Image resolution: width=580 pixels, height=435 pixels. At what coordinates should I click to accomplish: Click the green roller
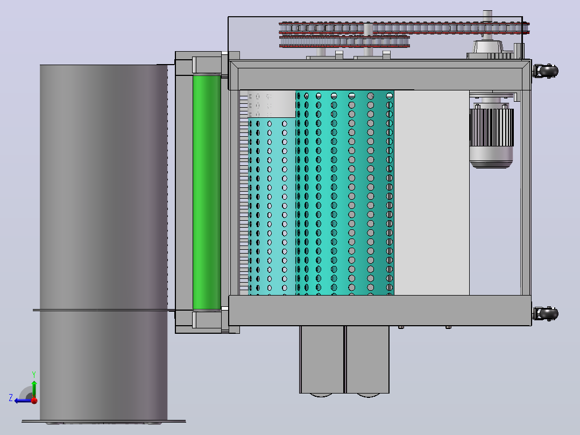click(207, 192)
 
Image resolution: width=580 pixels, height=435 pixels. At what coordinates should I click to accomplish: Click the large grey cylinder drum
click(103, 242)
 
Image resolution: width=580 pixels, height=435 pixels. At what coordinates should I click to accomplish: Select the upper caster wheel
click(548, 71)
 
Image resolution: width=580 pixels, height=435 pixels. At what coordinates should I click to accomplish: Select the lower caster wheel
click(548, 313)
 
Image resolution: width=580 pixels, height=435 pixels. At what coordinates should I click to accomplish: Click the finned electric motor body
click(491, 128)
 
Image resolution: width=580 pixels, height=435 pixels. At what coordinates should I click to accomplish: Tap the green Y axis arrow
click(34, 389)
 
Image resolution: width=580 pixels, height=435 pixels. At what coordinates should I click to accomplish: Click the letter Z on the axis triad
click(11, 398)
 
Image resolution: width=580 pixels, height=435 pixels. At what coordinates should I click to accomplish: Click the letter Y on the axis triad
click(34, 374)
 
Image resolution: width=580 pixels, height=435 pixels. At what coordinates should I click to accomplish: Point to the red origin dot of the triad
click(34, 401)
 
